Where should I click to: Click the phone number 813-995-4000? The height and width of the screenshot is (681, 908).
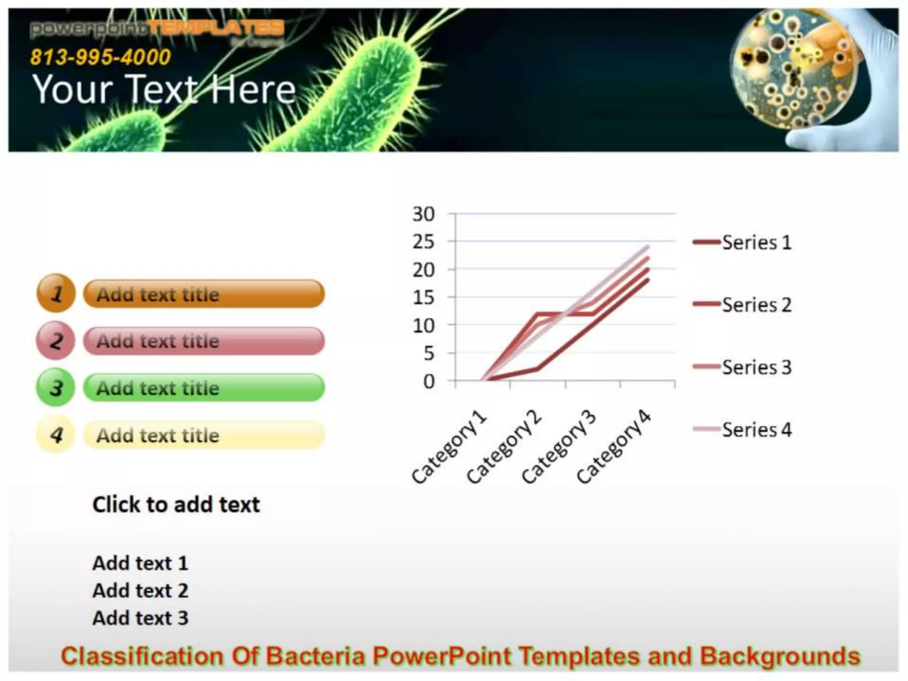101,57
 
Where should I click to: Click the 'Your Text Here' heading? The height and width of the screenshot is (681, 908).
164,90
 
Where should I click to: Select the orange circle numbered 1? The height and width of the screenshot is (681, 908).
56,294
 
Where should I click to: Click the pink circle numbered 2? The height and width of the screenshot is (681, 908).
56,340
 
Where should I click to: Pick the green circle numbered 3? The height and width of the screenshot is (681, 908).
56,387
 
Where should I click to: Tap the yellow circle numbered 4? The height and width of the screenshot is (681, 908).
56,434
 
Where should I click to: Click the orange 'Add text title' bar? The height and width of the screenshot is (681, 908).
204,294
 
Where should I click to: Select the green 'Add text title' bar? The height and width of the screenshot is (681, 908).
204,388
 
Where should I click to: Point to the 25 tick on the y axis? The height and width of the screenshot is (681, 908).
423,242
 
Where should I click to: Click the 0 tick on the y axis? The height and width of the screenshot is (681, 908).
429,381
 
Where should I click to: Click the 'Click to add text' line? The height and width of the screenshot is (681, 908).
176,505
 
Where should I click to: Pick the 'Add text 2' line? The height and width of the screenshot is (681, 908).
140,591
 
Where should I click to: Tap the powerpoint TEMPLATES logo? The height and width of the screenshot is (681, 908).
157,29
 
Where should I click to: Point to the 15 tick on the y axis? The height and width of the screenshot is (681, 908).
423,298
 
